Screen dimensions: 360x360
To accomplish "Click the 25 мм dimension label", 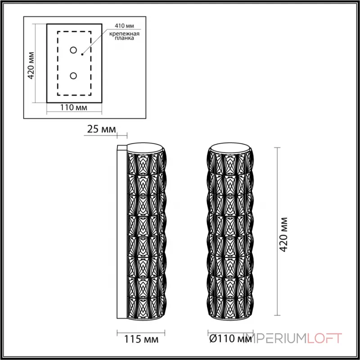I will [x=100, y=130].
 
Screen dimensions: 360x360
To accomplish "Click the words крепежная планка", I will [x=121, y=36].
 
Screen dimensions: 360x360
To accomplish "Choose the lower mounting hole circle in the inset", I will [x=74, y=76].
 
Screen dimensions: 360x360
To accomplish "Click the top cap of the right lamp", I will [x=229, y=148].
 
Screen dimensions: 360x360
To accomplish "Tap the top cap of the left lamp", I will [x=145, y=148].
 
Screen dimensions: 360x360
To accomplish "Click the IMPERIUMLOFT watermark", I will [x=292, y=336].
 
